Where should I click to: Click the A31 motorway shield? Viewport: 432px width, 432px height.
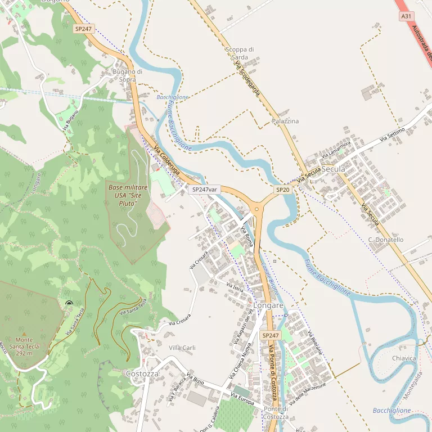tap(406, 16)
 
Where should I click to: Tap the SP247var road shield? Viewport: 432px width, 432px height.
tap(204, 190)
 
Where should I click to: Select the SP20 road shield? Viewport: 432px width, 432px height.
tap(282, 190)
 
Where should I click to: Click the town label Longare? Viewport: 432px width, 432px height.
tap(268, 305)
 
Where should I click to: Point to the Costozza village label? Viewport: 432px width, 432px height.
tap(142, 373)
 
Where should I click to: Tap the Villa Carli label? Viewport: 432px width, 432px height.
tap(182, 348)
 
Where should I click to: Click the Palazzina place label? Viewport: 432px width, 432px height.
tap(285, 121)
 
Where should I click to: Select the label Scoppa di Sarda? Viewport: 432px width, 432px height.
tap(239, 53)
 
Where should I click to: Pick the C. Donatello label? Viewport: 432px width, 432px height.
tap(386, 240)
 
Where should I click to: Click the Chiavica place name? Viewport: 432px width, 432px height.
tap(404, 358)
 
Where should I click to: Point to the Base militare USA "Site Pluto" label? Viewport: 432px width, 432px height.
tap(128, 195)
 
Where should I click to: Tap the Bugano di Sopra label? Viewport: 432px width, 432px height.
tap(127, 75)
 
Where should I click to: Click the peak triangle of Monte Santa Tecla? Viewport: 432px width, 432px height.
tap(24, 334)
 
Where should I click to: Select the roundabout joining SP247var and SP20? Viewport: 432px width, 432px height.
tap(256, 209)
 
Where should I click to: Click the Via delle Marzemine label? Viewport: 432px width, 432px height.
tap(307, 393)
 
